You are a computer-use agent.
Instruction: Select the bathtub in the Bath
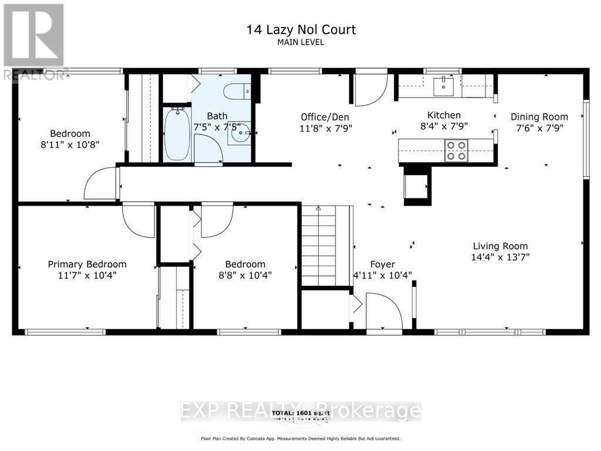[177, 134]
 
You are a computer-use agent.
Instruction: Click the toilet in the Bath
[238, 91]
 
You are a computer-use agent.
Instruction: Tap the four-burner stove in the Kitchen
[456, 150]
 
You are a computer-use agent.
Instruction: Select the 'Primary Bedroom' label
[87, 264]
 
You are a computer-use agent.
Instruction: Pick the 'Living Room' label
[501, 246]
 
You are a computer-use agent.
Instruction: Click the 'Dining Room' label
[539, 117]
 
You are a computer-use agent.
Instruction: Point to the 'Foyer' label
[382, 264]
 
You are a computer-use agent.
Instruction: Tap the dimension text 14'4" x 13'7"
[501, 257]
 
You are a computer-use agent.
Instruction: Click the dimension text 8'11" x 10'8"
[70, 144]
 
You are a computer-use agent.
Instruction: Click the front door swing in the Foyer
[383, 311]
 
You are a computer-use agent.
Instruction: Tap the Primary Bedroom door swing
[138, 220]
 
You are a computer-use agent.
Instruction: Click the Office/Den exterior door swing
[370, 89]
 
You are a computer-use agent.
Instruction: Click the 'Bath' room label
[217, 116]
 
